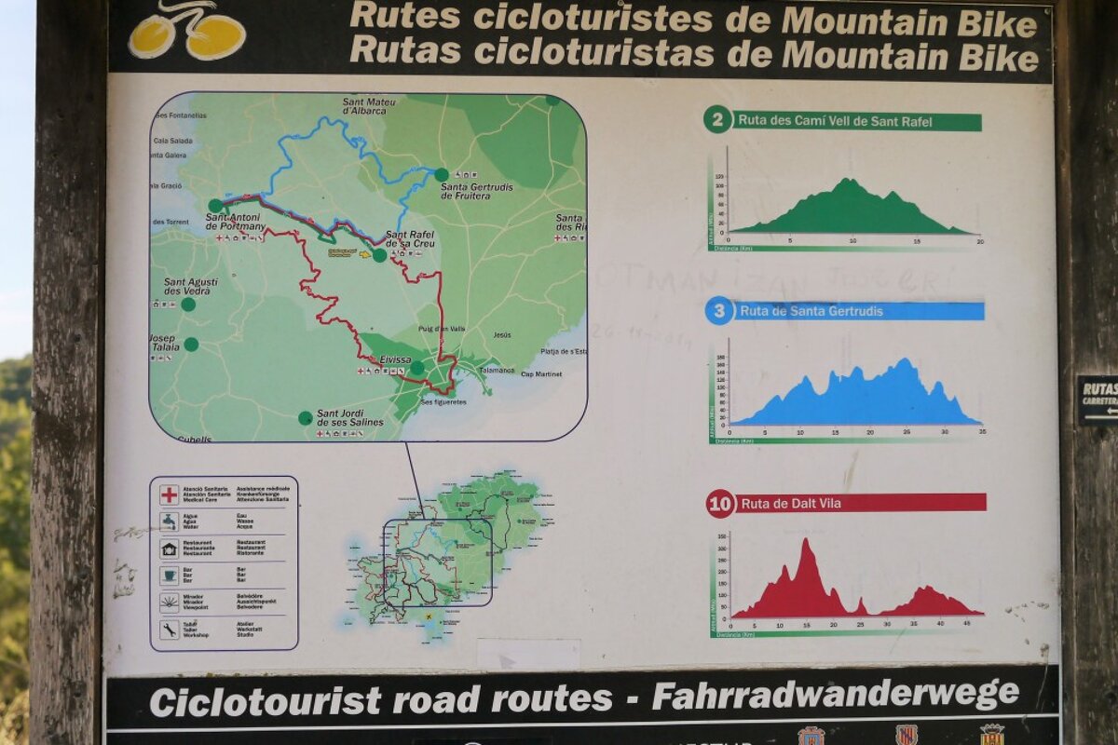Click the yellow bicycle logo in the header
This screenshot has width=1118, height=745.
pyautogui.click(x=187, y=32)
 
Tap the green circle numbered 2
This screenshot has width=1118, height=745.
pyautogui.click(x=717, y=119)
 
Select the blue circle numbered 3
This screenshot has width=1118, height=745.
pyautogui.click(x=718, y=311)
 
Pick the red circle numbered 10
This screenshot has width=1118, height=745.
pyautogui.click(x=720, y=505)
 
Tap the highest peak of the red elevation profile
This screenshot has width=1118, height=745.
pyautogui.click(x=805, y=541)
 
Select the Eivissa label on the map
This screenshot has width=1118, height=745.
pyautogui.click(x=396, y=359)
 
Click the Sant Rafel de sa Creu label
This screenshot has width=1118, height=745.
pyautogui.click(x=410, y=238)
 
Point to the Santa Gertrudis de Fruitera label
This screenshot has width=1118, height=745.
pyautogui.click(x=476, y=192)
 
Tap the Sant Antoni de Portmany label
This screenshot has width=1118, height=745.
pyautogui.click(x=236, y=222)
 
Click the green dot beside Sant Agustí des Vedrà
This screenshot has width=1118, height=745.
pyautogui.click(x=188, y=305)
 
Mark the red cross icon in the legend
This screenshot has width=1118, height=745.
pyautogui.click(x=169, y=494)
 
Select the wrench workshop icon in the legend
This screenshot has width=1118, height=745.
pyautogui.click(x=169, y=630)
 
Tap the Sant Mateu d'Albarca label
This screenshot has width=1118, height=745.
pyautogui.click(x=369, y=106)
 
